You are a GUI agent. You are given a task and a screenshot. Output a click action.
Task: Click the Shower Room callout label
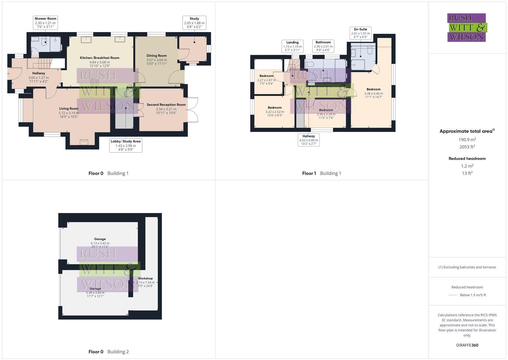45,22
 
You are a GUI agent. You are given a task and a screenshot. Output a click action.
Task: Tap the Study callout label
194,23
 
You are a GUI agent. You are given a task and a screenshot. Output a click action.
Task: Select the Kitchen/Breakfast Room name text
99,58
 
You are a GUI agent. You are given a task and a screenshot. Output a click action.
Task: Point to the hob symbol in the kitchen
94,83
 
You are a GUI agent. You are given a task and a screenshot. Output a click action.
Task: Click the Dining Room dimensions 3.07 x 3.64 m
156,60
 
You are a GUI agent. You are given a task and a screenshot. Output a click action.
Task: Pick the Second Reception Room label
166,105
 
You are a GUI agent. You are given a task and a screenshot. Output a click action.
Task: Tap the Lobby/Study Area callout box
125,146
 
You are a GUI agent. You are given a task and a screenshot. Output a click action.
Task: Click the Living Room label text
69,108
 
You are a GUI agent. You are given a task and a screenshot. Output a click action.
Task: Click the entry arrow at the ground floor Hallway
8,74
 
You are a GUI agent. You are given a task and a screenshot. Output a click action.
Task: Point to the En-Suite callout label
360,33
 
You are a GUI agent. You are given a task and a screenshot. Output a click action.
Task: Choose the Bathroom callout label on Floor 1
323,46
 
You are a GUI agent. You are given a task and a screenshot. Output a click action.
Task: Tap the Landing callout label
292,46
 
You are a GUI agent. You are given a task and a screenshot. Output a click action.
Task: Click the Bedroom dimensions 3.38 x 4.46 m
374,94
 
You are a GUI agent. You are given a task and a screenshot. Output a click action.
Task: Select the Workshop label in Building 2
145,278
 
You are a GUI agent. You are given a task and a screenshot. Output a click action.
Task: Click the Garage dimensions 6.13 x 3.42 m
100,243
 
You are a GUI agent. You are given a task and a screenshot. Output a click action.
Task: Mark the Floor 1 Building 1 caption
321,173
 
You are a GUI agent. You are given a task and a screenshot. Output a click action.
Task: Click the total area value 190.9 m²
467,140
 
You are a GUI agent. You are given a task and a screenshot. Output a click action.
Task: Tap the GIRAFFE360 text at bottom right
467,345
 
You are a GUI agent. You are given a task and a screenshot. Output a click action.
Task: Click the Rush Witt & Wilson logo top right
466,28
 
